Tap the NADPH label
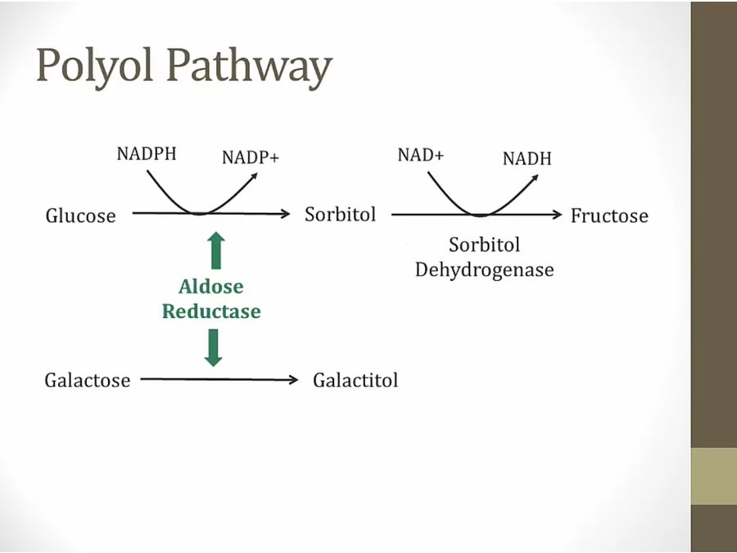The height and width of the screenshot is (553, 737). point(147,154)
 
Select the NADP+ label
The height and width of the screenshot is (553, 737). point(251,157)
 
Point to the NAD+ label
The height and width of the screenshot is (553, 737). point(421,155)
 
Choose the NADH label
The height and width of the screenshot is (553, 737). point(527,158)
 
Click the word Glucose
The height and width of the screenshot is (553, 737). point(81,215)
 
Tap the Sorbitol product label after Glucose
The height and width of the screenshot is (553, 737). point(341,215)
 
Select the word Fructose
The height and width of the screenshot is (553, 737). point(609,215)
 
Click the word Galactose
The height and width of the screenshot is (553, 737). point(88,380)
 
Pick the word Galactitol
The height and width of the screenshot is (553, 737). point(355,380)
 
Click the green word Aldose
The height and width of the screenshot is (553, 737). point(211,287)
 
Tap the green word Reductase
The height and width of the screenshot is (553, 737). point(211,311)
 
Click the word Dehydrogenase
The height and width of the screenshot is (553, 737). point(485,270)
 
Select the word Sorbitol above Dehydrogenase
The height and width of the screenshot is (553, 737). point(485,245)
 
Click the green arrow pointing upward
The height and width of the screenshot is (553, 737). point(216,250)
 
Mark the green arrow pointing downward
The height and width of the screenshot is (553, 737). point(214,347)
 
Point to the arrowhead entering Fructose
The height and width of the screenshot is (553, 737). point(558,215)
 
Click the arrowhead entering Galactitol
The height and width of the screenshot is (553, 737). point(293,379)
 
